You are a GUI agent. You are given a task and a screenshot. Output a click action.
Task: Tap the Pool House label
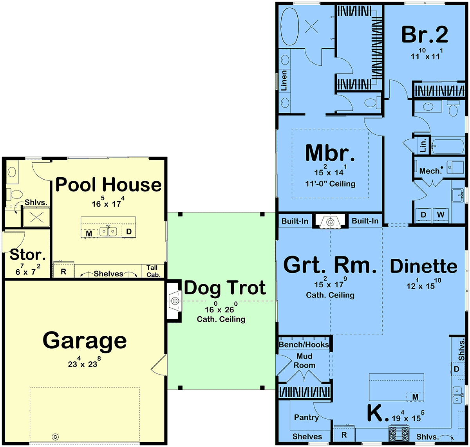108,185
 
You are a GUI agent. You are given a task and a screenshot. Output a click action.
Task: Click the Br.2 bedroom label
425,35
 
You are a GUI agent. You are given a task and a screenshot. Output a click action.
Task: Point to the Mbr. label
330,153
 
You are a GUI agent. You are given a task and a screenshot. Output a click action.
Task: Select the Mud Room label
304,360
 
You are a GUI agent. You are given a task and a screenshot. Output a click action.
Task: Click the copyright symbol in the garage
55,437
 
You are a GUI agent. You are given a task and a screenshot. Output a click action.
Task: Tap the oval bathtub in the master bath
289,26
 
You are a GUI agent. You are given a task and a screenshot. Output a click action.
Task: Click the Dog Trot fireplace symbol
175,300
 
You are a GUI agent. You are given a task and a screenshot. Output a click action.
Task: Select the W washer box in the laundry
440,215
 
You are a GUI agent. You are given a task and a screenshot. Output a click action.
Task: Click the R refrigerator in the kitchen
344,435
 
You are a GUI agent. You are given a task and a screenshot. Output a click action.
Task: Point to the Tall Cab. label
153,271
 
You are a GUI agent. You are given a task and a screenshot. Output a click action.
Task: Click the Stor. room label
28,254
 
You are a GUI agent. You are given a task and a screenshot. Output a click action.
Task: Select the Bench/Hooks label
304,344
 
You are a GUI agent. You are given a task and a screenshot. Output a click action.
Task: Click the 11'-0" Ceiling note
330,184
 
